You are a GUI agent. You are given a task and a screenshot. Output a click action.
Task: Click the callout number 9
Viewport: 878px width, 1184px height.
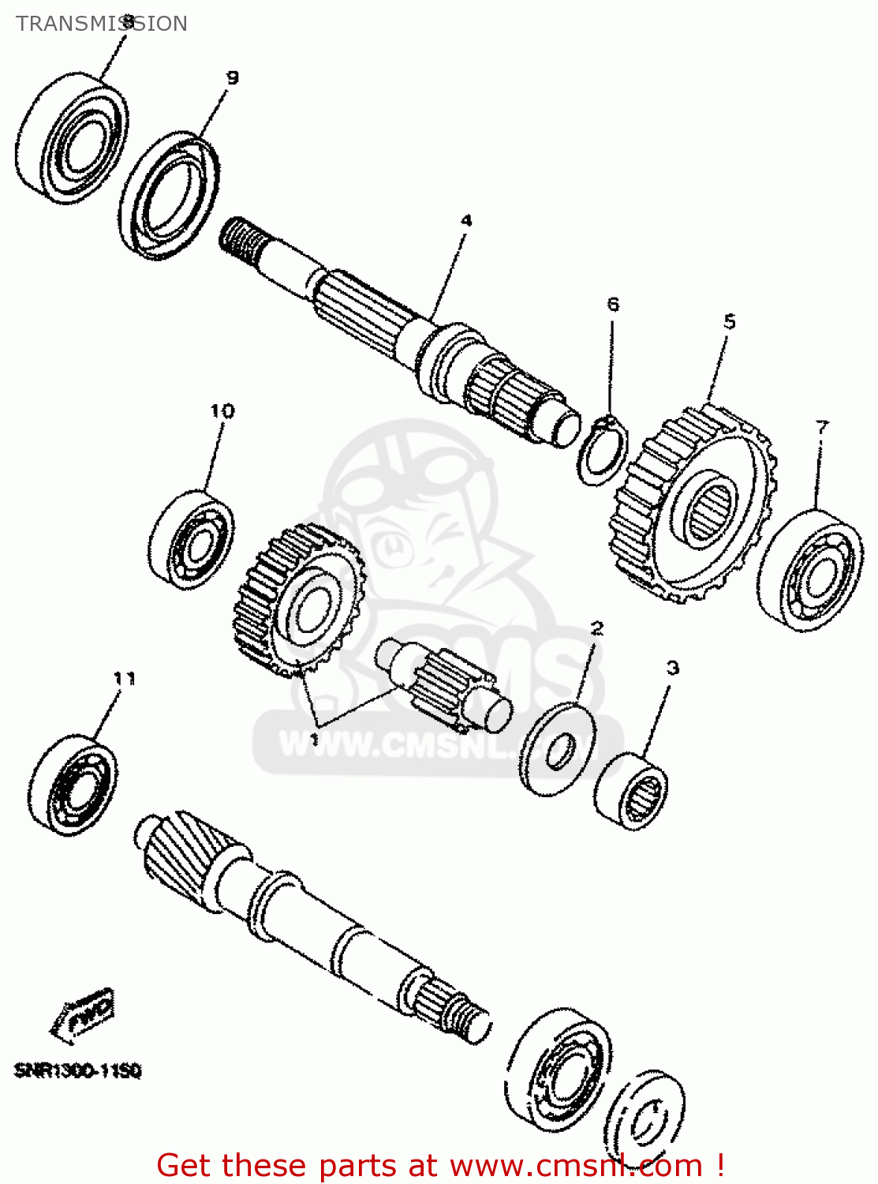coord(232,77)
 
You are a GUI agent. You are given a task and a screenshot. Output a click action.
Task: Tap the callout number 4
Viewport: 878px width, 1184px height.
coord(466,220)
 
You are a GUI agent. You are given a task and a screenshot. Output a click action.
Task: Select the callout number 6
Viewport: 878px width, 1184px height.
coord(613,304)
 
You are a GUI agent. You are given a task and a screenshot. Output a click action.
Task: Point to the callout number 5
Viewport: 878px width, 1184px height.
coord(729,321)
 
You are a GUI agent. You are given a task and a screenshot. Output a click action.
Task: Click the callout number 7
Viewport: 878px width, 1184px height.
coord(822,427)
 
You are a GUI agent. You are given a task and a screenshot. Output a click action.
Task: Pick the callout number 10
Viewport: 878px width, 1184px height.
coord(222,410)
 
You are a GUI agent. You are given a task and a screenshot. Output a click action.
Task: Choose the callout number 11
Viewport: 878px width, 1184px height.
coord(124,678)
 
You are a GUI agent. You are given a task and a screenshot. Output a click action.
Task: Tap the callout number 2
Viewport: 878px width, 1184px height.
coord(597,628)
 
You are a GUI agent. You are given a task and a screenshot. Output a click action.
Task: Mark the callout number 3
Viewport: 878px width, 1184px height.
coord(672,668)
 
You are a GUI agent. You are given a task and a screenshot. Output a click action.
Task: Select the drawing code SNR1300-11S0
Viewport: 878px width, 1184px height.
coord(77,1071)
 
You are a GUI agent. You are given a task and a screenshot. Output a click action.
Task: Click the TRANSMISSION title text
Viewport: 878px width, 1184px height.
coord(101,24)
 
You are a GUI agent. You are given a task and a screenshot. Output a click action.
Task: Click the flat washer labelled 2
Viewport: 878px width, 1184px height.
coord(559,748)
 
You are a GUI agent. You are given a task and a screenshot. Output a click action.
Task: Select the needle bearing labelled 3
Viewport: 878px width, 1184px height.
coord(632,791)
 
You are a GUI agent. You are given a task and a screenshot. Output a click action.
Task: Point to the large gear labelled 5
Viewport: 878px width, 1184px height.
coord(694,505)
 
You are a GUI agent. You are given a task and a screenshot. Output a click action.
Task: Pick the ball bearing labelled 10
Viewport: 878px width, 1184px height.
coord(191,539)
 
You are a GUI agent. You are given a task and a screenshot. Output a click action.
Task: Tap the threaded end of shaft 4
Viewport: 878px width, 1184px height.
coord(241,237)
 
